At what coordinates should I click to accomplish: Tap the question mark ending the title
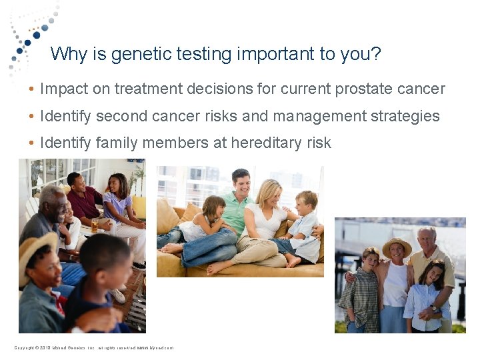376,54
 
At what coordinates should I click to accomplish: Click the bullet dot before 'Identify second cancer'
31,117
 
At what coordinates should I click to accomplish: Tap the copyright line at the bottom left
93,348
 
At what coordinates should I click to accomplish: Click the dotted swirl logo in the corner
30,33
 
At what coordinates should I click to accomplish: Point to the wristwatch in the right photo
434,308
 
